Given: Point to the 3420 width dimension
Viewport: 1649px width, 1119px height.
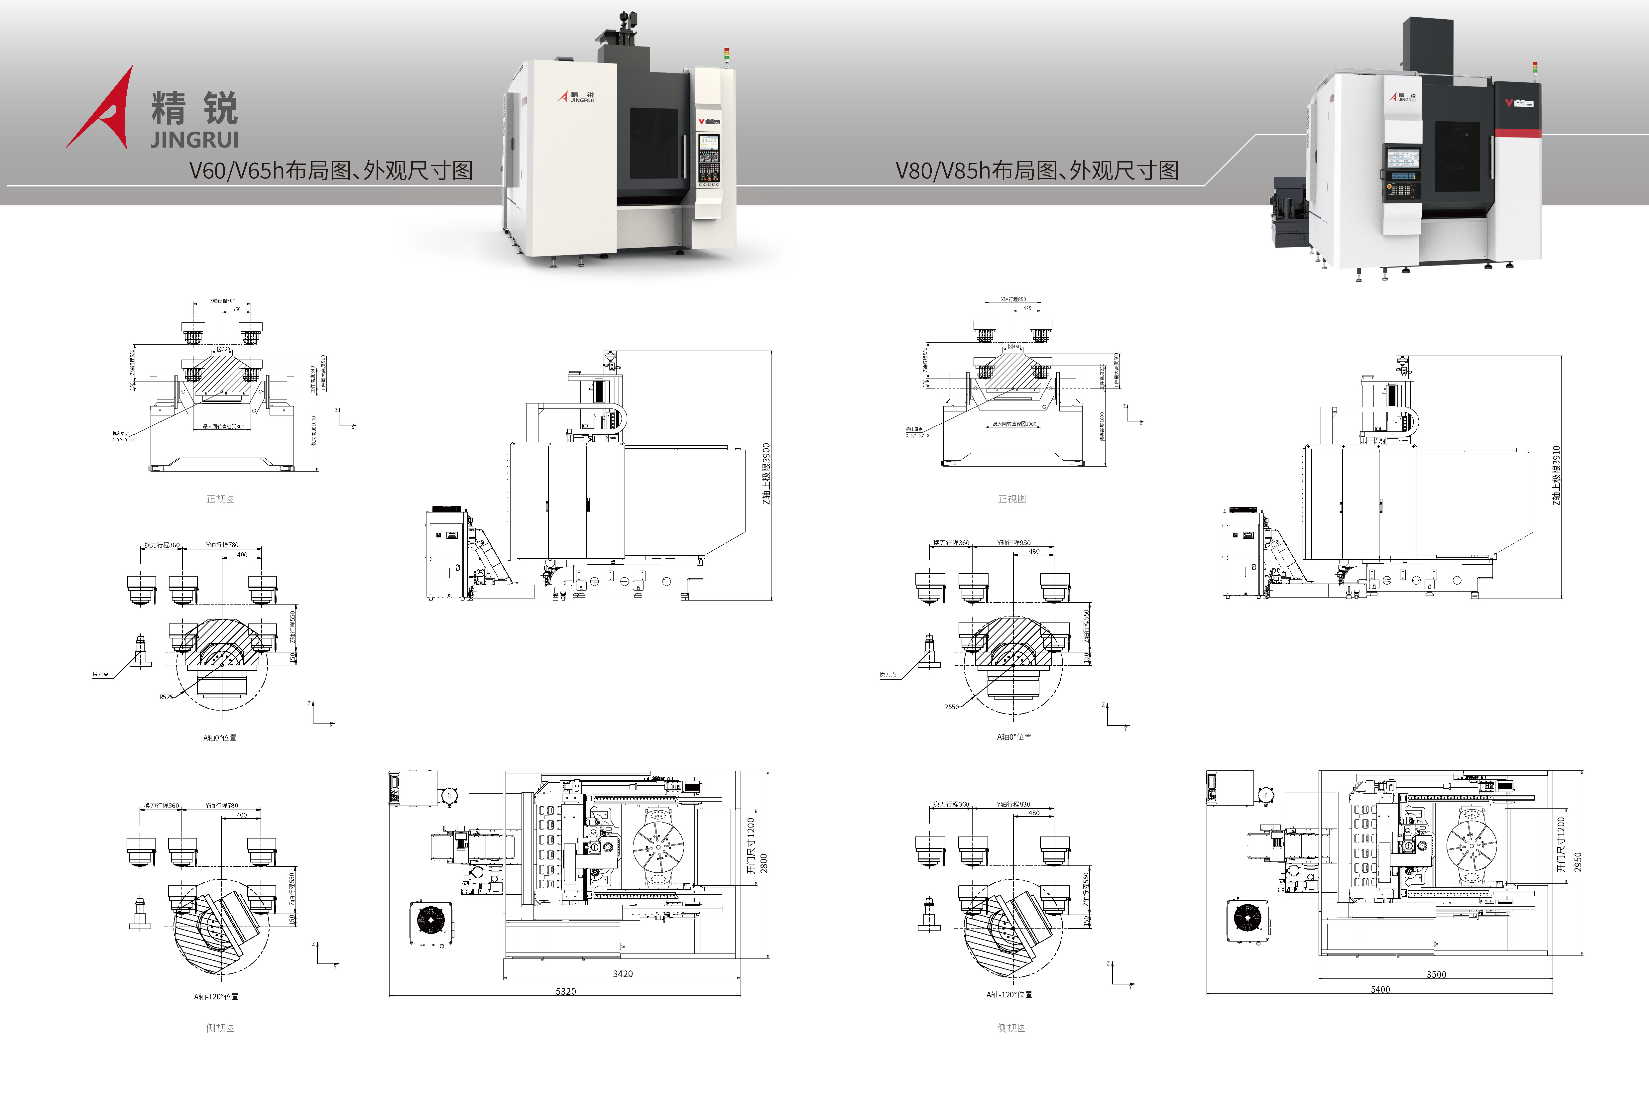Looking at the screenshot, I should (622, 973).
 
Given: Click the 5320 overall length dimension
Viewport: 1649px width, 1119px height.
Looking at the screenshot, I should (565, 991).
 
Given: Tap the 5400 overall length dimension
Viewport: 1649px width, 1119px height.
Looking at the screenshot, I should (1380, 989).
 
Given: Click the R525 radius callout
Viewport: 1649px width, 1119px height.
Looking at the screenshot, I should (165, 697).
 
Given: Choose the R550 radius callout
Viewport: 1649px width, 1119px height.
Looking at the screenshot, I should (951, 707).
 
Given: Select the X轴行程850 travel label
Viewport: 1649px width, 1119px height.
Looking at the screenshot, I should (1013, 299).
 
